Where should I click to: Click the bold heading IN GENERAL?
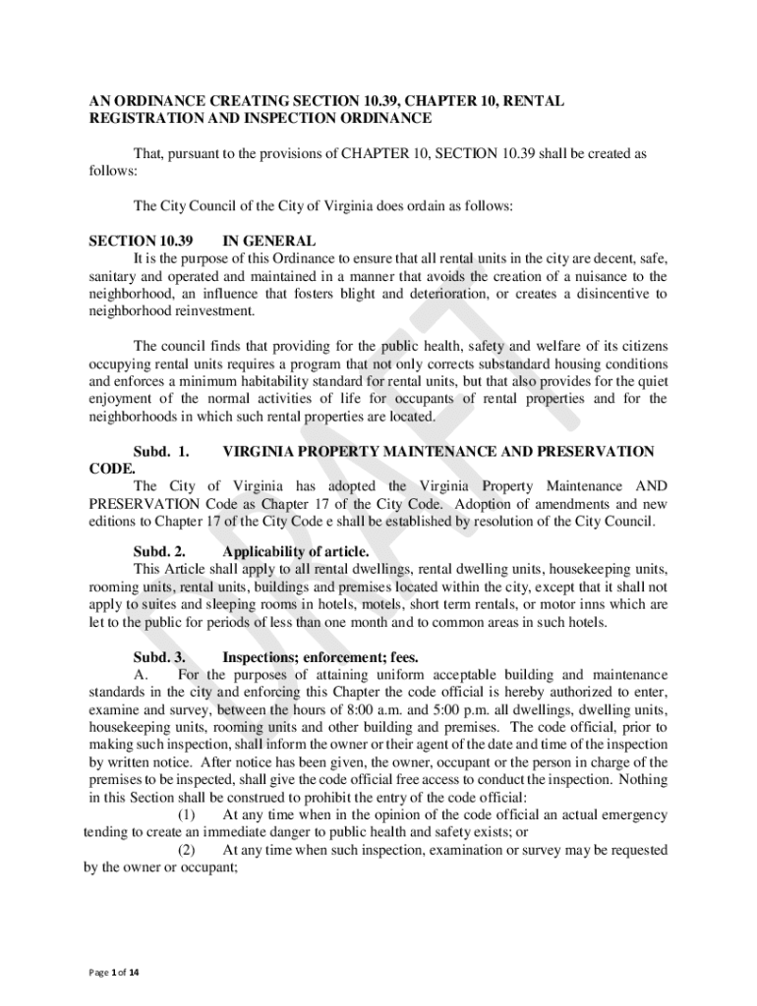click(269, 241)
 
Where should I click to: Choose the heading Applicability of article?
click(296, 551)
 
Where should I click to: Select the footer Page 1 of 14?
click(114, 973)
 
